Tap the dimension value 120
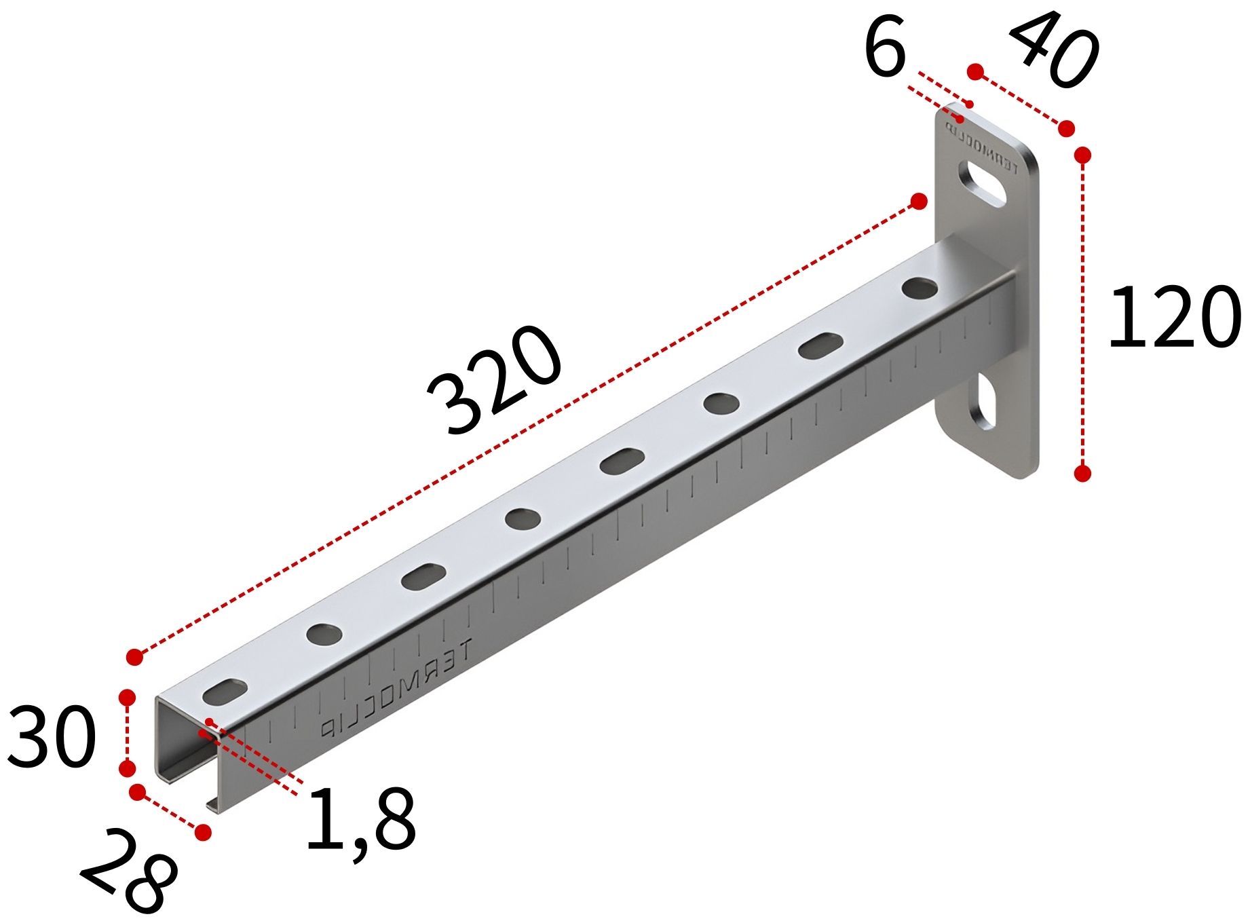pyautogui.click(x=1174, y=318)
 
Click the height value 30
pyautogui.click(x=52, y=737)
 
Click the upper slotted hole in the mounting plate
pyautogui.click(x=981, y=182)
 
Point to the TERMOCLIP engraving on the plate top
pyautogui.click(x=987, y=149)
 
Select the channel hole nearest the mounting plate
pyautogui.click(x=920, y=288)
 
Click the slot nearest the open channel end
pyautogui.click(x=225, y=692)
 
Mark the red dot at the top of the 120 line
pyautogui.click(x=1083, y=155)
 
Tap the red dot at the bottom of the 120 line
pyautogui.click(x=1083, y=473)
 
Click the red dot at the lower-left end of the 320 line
pyautogui.click(x=135, y=656)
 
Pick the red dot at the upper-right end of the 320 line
pyautogui.click(x=919, y=201)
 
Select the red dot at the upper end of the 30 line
pyautogui.click(x=127, y=698)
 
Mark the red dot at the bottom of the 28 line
pyautogui.click(x=203, y=832)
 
